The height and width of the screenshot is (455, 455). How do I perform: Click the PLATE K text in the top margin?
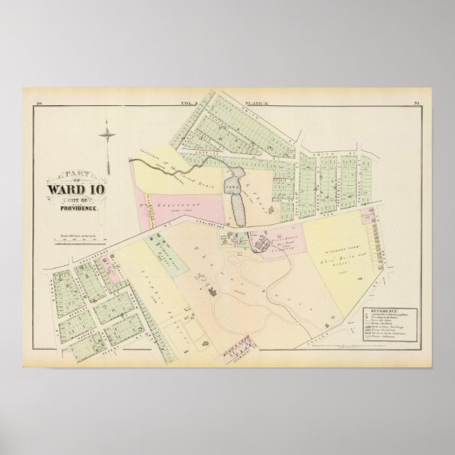coord(254,105)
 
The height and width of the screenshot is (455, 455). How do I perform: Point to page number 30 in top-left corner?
coord(39,105)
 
